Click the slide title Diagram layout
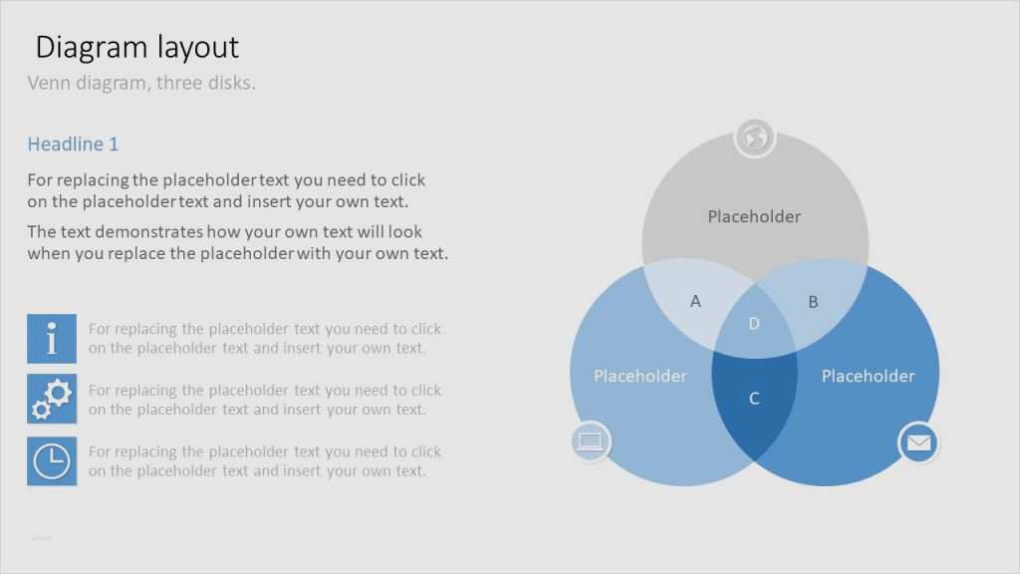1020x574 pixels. click(x=137, y=48)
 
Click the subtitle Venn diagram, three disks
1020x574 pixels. click(x=141, y=83)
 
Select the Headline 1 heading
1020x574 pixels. click(x=73, y=143)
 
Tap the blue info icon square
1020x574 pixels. click(x=52, y=339)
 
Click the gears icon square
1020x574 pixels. click(x=52, y=399)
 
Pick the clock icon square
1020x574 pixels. click(x=52, y=460)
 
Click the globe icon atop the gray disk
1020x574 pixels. click(x=755, y=138)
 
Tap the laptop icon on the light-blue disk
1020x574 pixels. click(x=591, y=441)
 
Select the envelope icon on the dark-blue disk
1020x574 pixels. click(x=918, y=442)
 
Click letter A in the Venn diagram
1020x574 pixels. click(x=695, y=301)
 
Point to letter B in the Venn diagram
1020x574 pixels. click(x=813, y=302)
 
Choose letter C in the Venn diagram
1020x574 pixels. click(x=754, y=399)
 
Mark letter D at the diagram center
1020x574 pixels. click(x=754, y=324)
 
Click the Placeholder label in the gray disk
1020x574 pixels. click(x=754, y=216)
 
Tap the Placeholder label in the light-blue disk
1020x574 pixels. click(x=640, y=376)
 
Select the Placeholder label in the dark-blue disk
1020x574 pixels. click(x=868, y=376)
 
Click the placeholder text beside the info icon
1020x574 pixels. click(x=265, y=339)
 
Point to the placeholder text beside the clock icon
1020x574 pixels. click(x=265, y=460)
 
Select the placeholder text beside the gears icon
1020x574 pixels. click(x=265, y=400)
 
